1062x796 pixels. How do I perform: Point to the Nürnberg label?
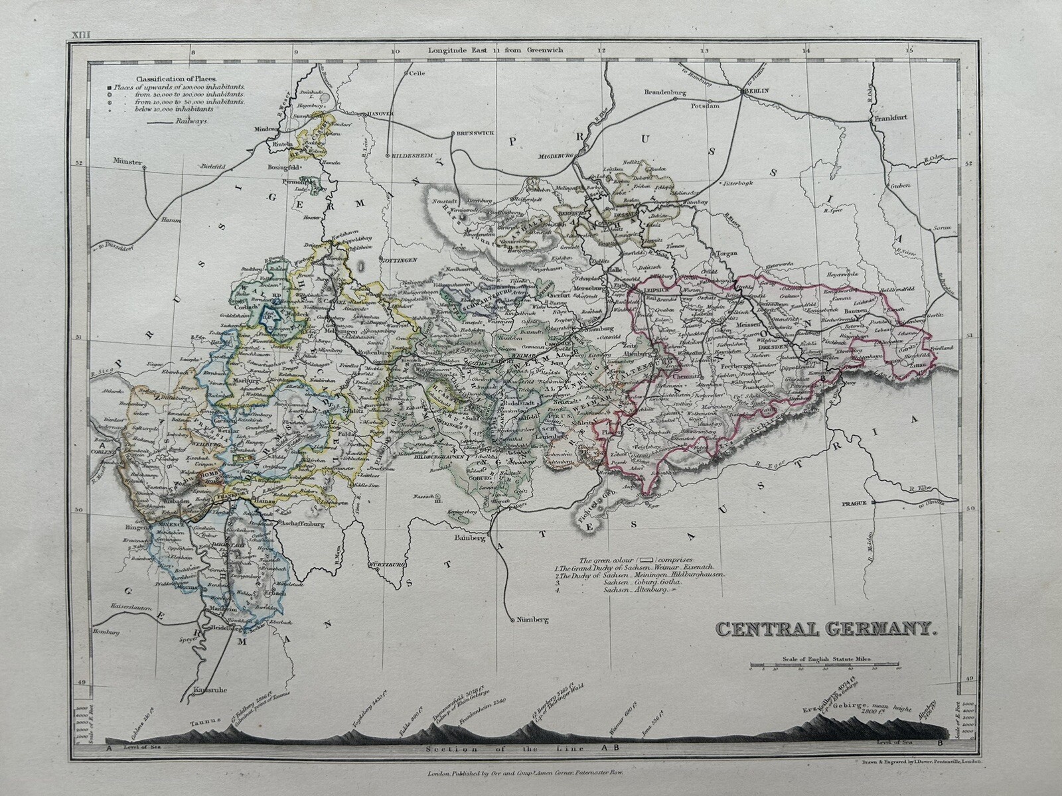(x=529, y=620)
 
